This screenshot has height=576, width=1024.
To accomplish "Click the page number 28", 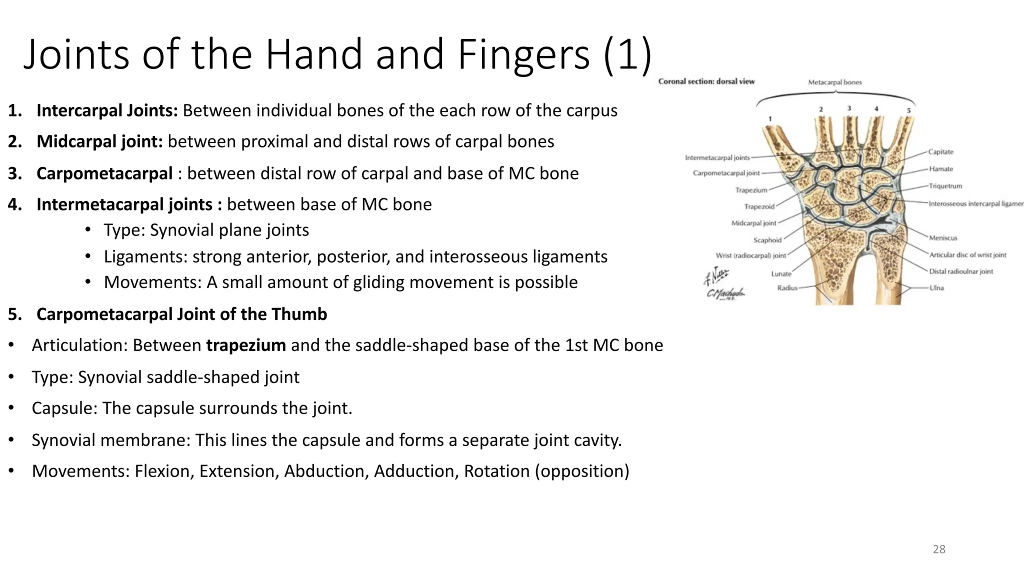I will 939,549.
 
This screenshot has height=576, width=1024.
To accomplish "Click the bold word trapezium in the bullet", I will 245,345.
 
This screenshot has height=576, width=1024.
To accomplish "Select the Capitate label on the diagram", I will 941,152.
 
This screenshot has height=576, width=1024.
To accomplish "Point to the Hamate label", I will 941,169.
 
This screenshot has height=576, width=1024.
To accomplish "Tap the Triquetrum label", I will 945,186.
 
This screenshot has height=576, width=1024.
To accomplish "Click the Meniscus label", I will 943,238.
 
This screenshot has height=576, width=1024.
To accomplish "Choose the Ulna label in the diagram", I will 936,288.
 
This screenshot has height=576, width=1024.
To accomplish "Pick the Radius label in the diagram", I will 787,288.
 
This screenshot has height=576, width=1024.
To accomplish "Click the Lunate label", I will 781,274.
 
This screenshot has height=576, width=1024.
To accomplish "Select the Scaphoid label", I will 767,240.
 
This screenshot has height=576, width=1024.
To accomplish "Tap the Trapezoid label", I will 759,207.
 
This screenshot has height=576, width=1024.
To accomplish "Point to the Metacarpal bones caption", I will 834,82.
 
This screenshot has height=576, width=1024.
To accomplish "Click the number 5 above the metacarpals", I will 908,110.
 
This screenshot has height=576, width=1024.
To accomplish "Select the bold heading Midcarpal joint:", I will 99,142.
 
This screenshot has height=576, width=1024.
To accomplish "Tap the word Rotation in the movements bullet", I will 496,471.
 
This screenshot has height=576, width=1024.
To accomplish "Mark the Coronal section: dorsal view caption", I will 706,81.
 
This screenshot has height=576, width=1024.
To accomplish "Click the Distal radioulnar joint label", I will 960,271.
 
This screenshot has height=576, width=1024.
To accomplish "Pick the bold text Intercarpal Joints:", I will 107,110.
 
